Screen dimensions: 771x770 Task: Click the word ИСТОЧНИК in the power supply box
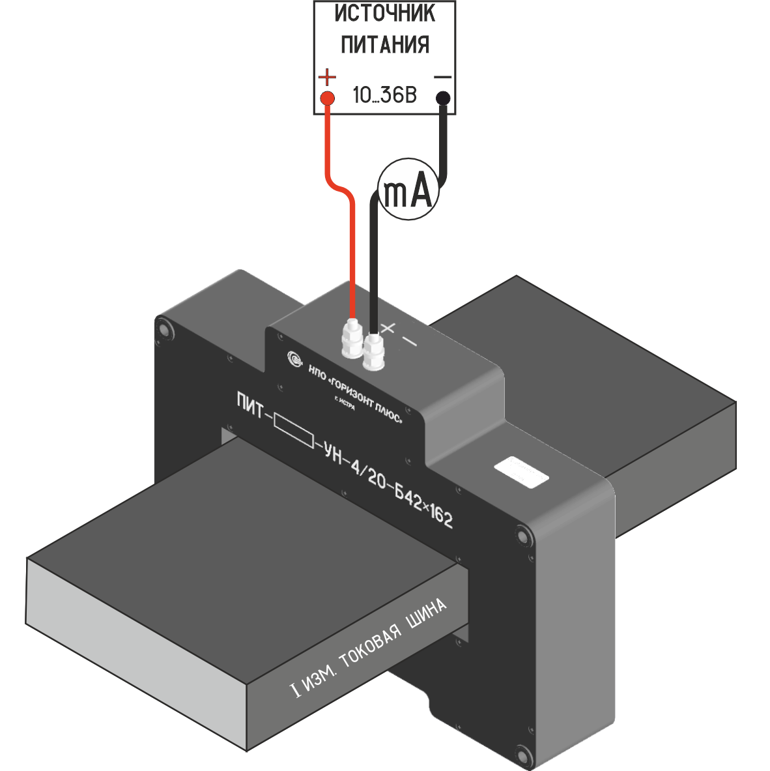[x=385, y=14]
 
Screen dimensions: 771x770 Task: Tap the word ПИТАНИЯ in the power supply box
[x=385, y=44]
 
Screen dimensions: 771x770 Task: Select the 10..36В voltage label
[x=384, y=96]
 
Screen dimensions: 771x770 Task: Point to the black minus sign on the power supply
[x=443, y=78]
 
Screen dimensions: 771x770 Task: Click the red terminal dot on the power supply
[x=328, y=98]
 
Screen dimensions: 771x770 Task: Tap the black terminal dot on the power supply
[x=443, y=98]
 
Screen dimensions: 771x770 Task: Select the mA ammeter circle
[x=408, y=188]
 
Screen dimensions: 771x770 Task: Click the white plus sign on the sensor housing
[x=389, y=328]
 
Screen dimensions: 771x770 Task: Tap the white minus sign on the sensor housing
[x=409, y=340]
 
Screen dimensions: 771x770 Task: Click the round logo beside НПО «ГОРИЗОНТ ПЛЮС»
[x=295, y=358]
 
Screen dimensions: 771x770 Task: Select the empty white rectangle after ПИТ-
[x=294, y=431]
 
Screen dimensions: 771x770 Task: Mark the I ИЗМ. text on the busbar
[x=314, y=680]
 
